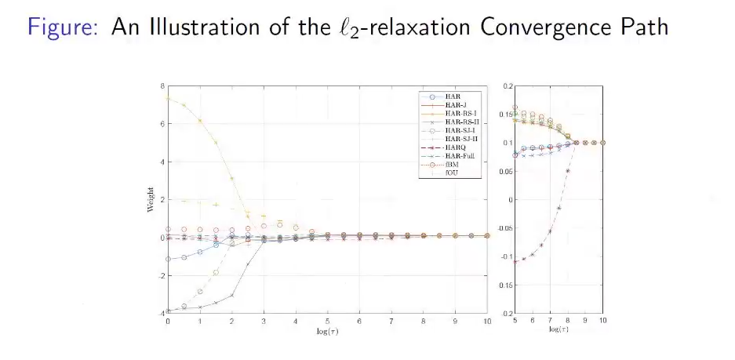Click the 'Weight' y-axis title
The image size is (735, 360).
149,200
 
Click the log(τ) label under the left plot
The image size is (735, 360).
327,330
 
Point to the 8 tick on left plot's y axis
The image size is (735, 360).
162,86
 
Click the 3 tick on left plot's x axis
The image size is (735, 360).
264,322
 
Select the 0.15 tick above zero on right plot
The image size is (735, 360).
508,115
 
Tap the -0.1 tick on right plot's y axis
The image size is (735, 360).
507,256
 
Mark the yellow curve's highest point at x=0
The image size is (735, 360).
168,98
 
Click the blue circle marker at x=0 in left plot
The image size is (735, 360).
168,259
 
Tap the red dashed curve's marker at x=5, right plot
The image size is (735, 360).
515,260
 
